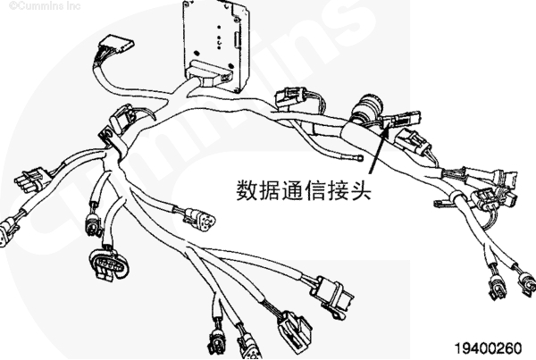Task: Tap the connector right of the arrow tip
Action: coord(415,141)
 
